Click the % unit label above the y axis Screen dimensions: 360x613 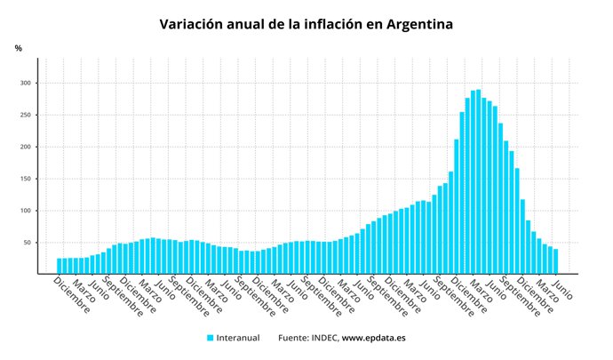pyautogui.click(x=18, y=48)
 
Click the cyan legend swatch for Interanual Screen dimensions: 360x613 pyautogui.click(x=211, y=338)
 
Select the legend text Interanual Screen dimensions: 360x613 pyautogui.click(x=239, y=338)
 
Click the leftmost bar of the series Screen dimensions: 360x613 pyautogui.click(x=60, y=266)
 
